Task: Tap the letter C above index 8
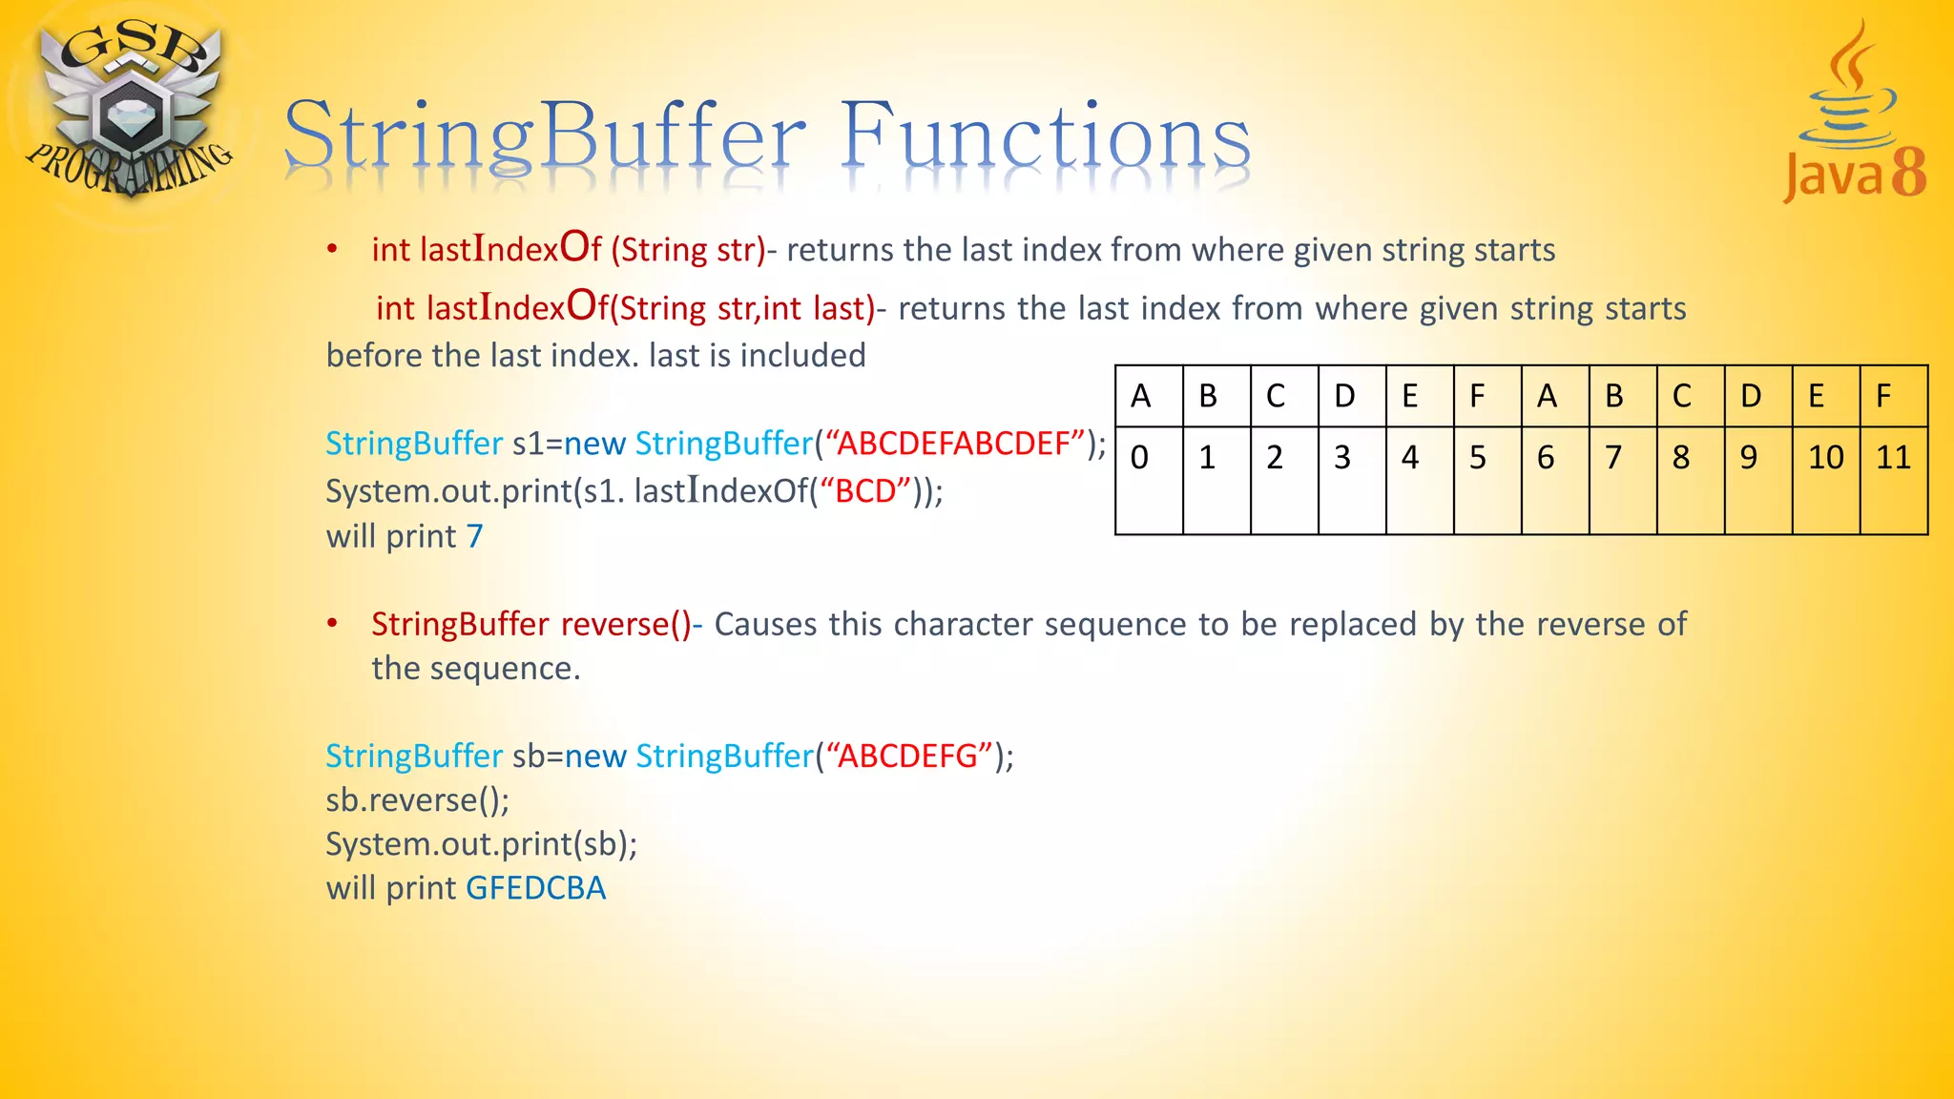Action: pos(1681,396)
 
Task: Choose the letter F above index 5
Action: pos(1477,396)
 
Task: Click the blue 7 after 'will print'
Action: pos(474,536)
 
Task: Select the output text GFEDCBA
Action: pos(535,888)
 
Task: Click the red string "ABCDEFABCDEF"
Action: pos(955,444)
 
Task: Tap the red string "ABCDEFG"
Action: pos(910,756)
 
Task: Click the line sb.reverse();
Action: pos(418,800)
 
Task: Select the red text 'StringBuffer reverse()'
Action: pos(530,624)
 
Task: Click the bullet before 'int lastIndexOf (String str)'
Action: pos(332,250)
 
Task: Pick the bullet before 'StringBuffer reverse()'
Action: pos(332,624)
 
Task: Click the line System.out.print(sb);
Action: pos(482,844)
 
